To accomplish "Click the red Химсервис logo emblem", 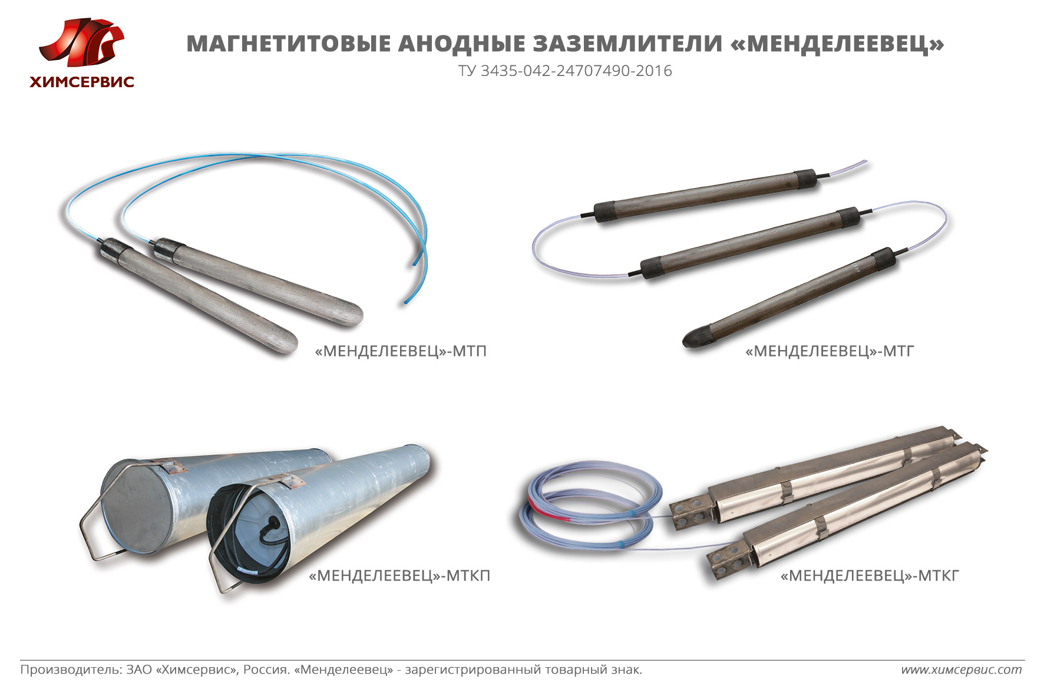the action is tap(81, 42).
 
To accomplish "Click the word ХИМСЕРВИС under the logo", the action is tap(82, 82).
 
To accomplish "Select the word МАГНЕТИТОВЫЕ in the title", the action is tap(289, 44).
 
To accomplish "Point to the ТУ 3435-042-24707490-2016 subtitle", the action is tap(565, 71).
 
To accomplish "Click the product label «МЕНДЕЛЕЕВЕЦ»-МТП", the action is tap(401, 351).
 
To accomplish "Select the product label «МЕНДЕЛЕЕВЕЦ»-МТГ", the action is tap(830, 351).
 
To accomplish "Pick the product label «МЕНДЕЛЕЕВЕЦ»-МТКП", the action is tap(399, 575).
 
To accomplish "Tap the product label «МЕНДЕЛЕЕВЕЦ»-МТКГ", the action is tap(870, 575).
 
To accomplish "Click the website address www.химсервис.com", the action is tap(962, 669).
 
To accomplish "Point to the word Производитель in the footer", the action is tap(71, 669).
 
